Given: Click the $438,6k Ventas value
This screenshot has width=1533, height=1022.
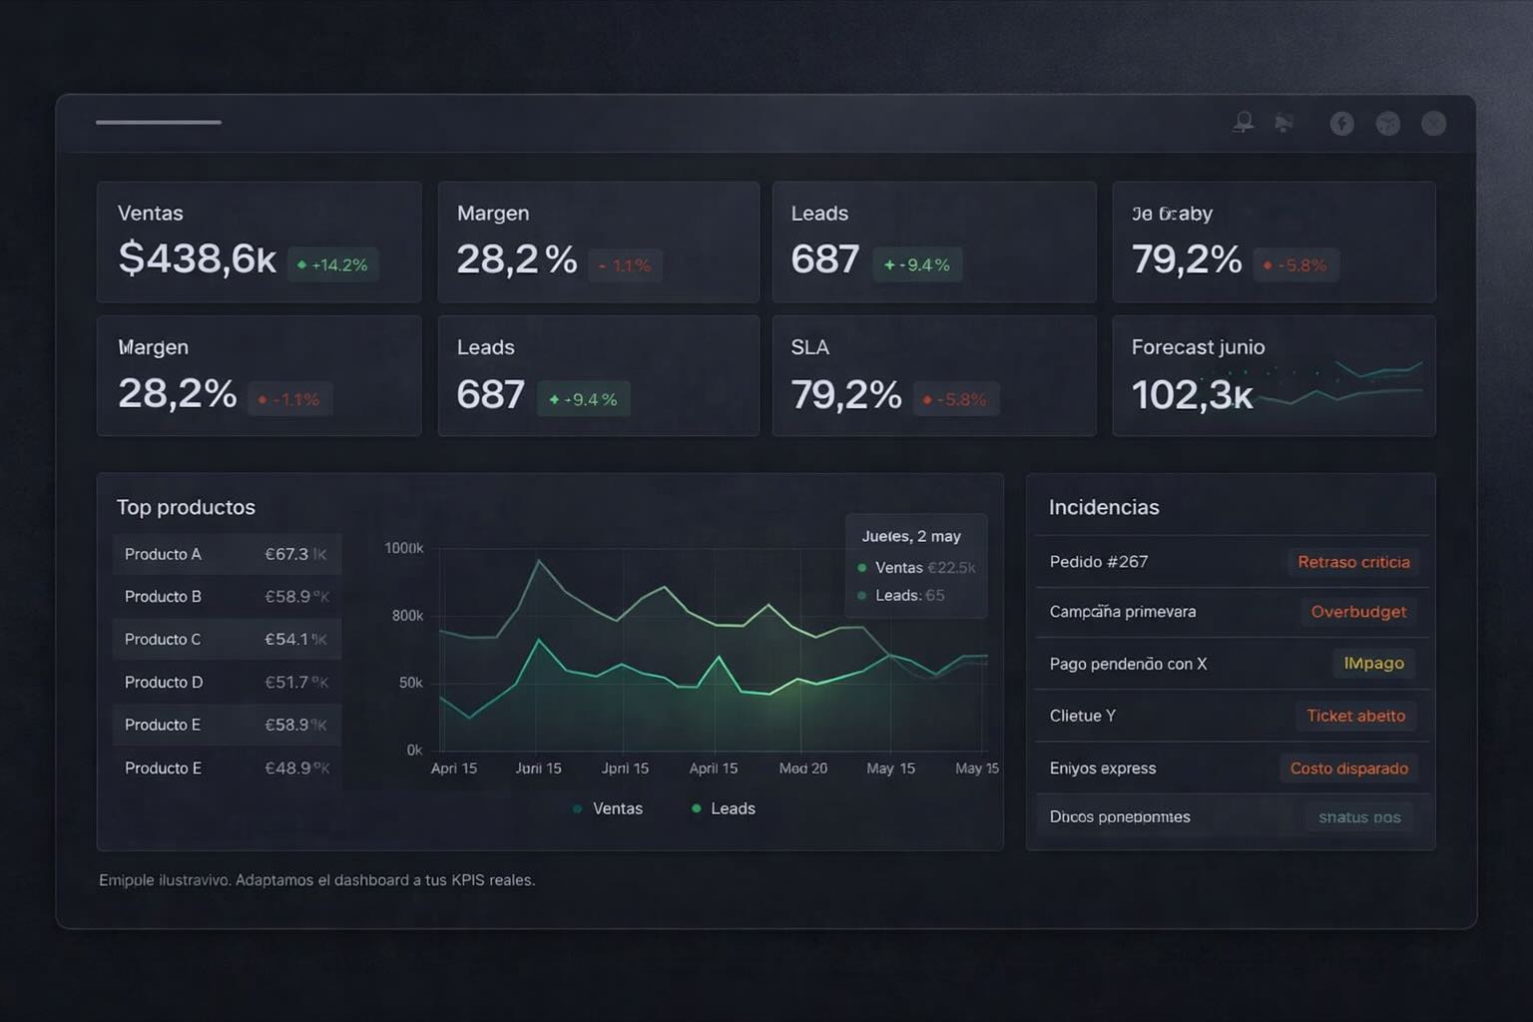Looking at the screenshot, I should click(x=197, y=258).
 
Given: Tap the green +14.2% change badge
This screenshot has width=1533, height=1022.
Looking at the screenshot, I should click(x=332, y=264).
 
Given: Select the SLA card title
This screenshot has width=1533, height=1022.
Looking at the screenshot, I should click(x=809, y=347).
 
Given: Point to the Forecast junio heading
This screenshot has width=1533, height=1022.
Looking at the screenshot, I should click(x=1198, y=347).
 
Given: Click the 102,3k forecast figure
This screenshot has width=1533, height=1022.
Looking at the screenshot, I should click(x=1192, y=395).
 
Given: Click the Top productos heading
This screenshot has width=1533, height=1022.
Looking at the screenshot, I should click(x=186, y=507).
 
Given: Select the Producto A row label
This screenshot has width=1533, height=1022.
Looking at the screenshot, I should click(x=163, y=554).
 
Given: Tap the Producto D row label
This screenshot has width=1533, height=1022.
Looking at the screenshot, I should click(x=164, y=682).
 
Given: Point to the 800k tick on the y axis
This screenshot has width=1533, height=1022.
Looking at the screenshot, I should click(x=407, y=616).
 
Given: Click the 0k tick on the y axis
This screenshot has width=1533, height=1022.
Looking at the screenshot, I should click(x=414, y=750).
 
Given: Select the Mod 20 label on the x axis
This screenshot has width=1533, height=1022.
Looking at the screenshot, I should click(x=802, y=768).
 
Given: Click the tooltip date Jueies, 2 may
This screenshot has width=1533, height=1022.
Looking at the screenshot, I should click(x=910, y=536).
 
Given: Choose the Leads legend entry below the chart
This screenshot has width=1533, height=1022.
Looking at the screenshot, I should click(x=724, y=808).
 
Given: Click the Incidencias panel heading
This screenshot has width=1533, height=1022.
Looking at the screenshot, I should click(x=1103, y=507).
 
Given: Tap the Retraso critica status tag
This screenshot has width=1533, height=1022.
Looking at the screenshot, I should click(x=1353, y=562).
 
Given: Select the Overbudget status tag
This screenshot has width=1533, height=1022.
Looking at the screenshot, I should click(x=1357, y=612).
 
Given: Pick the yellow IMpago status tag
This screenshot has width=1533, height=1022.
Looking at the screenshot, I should click(x=1373, y=663).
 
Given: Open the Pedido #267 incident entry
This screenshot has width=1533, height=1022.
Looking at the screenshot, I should click(x=1098, y=562).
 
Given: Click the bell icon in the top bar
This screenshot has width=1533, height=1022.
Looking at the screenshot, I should click(x=1243, y=123).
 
